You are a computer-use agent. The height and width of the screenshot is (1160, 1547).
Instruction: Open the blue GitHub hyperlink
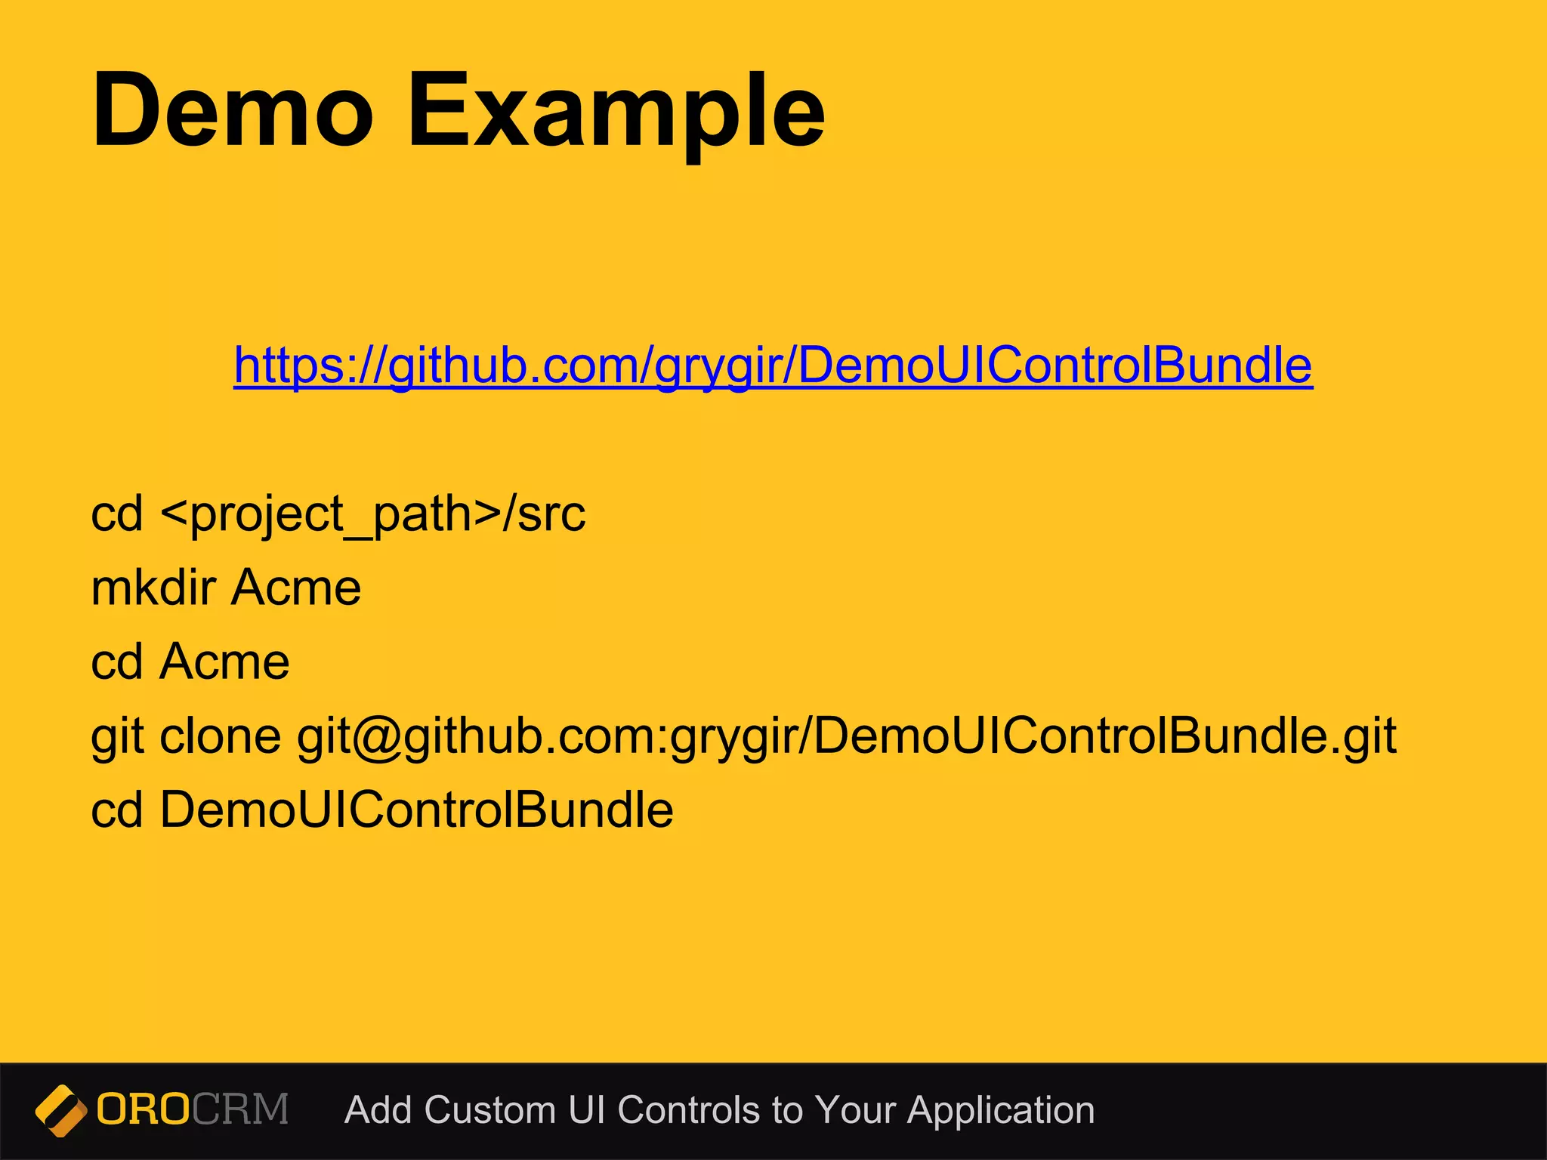pos(773,366)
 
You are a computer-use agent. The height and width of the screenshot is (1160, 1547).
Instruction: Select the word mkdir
pos(153,588)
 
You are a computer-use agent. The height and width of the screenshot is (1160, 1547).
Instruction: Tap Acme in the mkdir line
pos(296,588)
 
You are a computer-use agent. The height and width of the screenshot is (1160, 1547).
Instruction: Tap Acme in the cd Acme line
pos(224,662)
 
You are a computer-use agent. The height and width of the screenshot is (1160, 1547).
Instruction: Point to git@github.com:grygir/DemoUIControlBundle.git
pos(846,736)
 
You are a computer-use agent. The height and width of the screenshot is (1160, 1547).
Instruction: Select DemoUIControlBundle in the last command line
pos(416,810)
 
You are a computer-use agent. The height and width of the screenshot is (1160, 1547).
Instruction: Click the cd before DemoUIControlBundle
pos(116,810)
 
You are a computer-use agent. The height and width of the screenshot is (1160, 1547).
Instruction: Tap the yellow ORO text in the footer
pos(143,1109)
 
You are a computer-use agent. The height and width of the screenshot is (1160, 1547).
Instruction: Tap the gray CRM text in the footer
pos(240,1109)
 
